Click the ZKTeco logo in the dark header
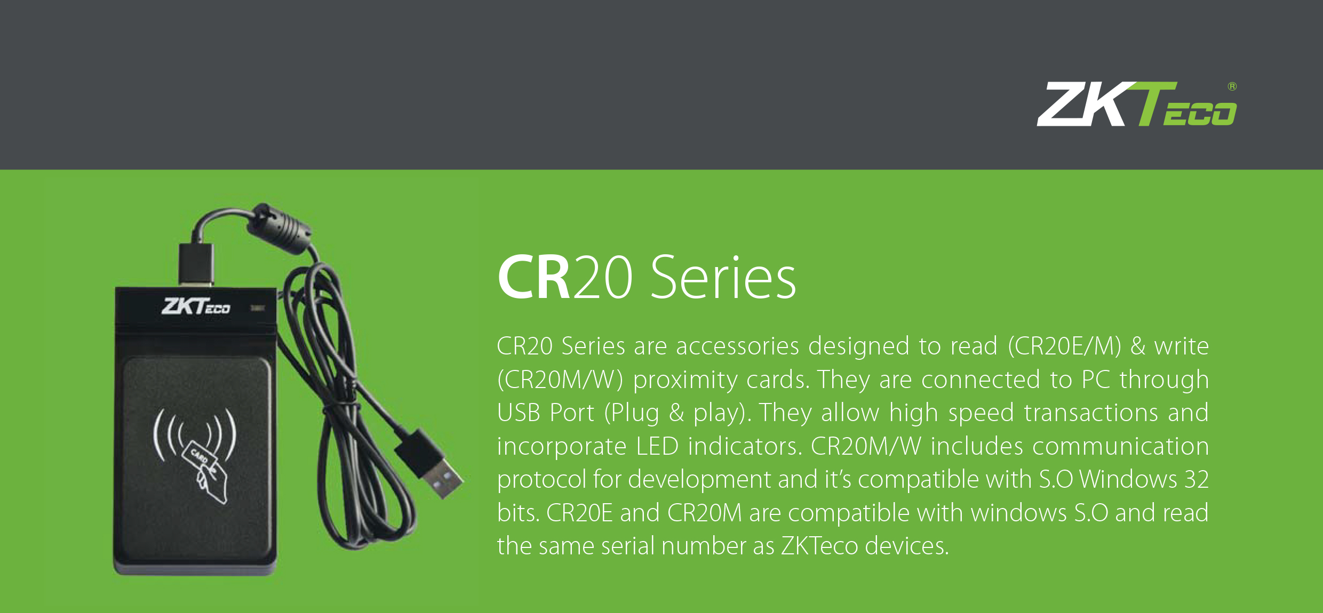click(1136, 104)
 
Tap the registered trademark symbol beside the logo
click(1232, 86)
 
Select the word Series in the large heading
click(723, 277)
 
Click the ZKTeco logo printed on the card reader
click(196, 307)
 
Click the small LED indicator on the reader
click(258, 308)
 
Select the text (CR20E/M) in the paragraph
click(1065, 346)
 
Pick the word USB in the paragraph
click(519, 413)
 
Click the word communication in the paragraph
click(1120, 446)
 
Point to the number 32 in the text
click(1197, 479)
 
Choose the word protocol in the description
click(541, 480)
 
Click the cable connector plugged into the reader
click(196, 264)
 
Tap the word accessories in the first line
click(737, 346)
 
